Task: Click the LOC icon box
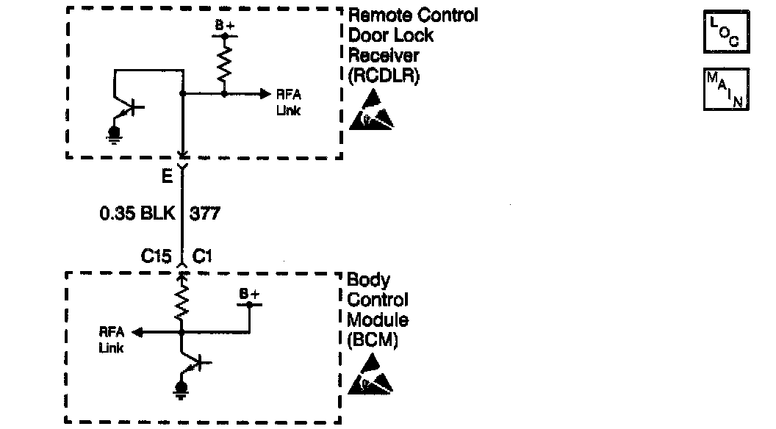pyautogui.click(x=726, y=32)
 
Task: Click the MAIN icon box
pyautogui.click(x=726, y=88)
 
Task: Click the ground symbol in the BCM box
pyautogui.click(x=179, y=389)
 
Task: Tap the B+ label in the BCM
pyautogui.click(x=249, y=295)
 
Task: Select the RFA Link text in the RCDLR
pyautogui.click(x=288, y=103)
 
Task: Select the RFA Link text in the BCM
pyautogui.click(x=112, y=340)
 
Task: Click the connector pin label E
pyautogui.click(x=168, y=178)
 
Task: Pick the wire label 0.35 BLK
pyautogui.click(x=137, y=214)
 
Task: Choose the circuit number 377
pyautogui.click(x=205, y=214)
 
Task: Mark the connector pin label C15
pyautogui.click(x=157, y=256)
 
